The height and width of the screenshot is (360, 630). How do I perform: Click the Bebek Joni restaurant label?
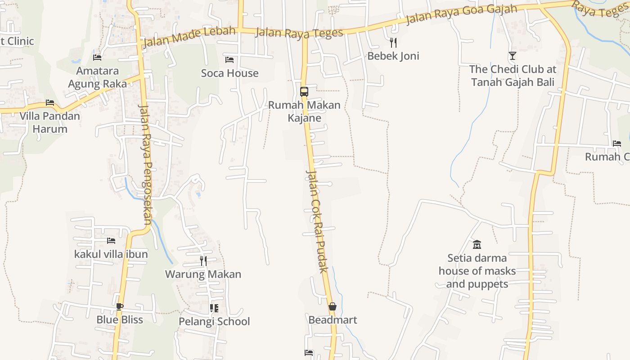click(x=393, y=56)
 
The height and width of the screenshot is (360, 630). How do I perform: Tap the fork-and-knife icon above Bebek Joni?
click(x=393, y=43)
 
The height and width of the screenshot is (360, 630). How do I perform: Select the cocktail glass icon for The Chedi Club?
click(x=512, y=56)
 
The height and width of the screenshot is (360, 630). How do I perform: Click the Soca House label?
click(x=229, y=73)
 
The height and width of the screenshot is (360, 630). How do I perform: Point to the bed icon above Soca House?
click(x=229, y=59)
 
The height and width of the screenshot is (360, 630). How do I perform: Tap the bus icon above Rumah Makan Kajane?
click(x=304, y=92)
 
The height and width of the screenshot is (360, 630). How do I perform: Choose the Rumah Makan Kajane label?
click(x=304, y=111)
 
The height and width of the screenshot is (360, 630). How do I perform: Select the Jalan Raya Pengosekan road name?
click(x=146, y=164)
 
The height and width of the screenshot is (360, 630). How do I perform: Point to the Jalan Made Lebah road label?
click(x=189, y=37)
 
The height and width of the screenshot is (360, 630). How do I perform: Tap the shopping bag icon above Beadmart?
click(x=332, y=306)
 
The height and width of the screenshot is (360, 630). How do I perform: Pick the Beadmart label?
click(x=333, y=320)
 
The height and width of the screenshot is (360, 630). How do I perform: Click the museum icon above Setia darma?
click(x=477, y=244)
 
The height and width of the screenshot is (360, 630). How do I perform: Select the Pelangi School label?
click(x=214, y=321)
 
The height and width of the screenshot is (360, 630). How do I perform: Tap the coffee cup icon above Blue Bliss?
click(x=119, y=306)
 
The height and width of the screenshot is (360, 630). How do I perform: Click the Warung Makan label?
click(x=203, y=274)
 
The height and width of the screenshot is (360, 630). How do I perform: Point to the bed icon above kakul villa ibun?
click(x=111, y=241)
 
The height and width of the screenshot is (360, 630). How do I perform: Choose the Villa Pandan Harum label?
click(x=49, y=122)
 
